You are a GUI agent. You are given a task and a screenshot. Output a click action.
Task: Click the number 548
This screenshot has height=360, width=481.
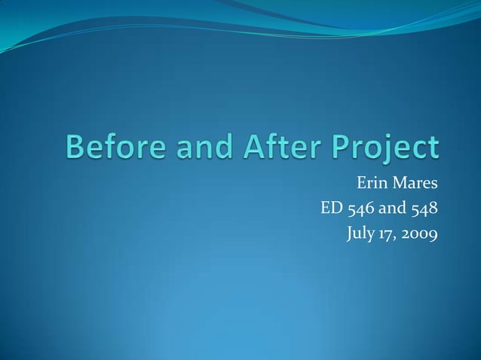coord(422,209)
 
